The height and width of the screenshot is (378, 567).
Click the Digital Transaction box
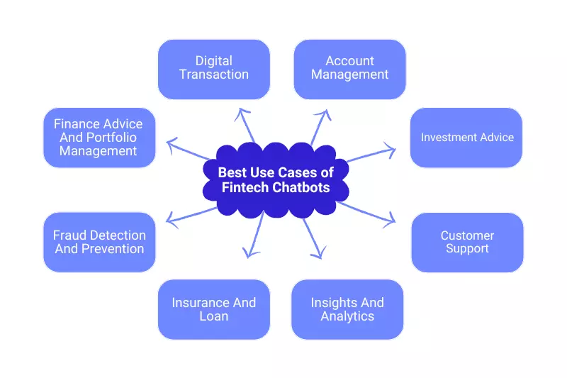[213, 68]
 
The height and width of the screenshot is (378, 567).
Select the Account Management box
[349, 68]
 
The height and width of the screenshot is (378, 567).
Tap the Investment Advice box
[466, 138]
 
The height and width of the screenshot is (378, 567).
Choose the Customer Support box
[467, 242]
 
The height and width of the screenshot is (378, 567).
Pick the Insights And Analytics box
[347, 309]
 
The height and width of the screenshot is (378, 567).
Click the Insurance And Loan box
[213, 309]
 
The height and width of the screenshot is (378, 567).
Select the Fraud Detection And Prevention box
[99, 242]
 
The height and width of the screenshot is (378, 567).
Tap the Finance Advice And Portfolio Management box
[99, 138]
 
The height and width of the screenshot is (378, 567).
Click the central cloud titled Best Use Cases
[275, 180]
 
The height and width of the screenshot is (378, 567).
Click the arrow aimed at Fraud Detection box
[191, 213]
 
